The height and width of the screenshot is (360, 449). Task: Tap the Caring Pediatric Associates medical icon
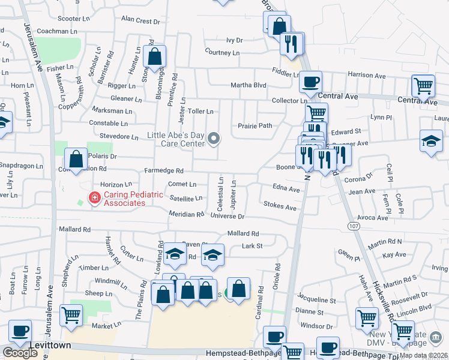[94, 198]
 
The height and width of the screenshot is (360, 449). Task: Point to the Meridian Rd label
[186, 214]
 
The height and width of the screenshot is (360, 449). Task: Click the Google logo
[20, 353]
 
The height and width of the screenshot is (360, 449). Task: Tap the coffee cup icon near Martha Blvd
[310, 83]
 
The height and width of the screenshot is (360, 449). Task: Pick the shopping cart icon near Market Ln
[71, 315]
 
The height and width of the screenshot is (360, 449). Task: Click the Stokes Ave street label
[280, 208]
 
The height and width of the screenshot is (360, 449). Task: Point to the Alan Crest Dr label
[140, 20]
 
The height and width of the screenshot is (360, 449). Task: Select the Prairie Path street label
[255, 125]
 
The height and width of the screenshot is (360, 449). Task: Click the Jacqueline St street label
[316, 299]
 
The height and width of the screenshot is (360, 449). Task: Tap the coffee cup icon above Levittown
[20, 332]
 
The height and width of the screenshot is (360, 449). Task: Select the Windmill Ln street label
[107, 281]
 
